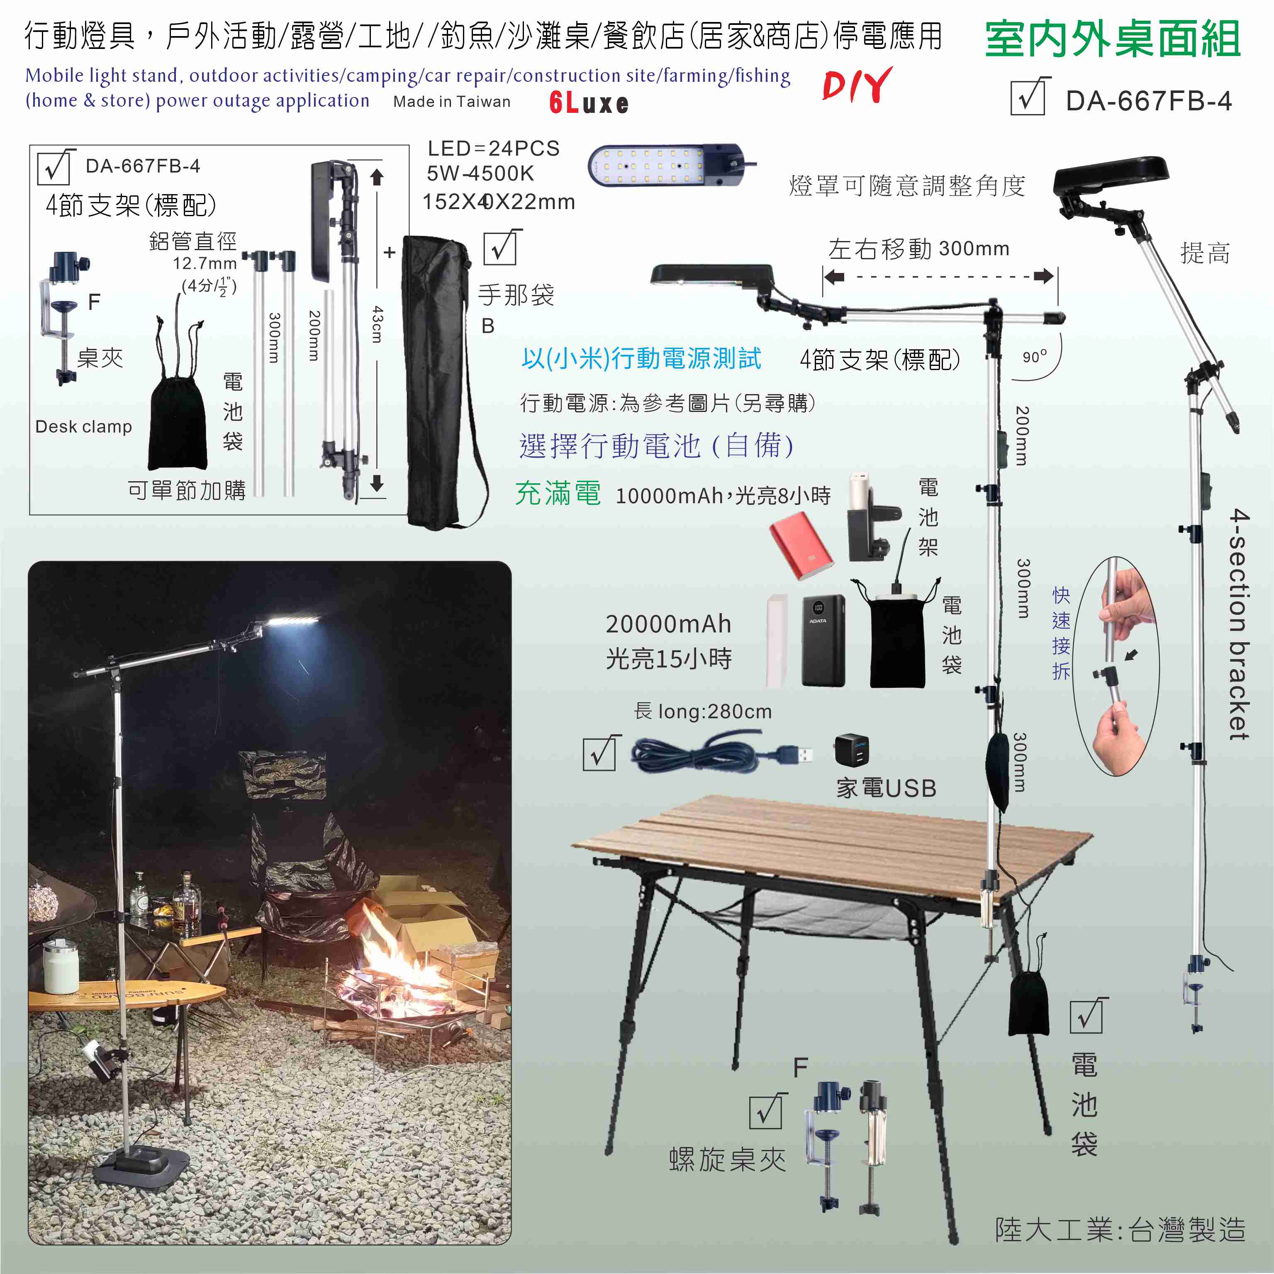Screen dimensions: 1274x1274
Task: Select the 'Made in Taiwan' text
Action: pos(452,102)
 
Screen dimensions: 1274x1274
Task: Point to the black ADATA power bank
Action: pos(823,640)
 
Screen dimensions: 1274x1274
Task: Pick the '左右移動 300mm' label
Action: pos(918,248)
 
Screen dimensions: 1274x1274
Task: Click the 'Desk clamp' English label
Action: pos(84,426)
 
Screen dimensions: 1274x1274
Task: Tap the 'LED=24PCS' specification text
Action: pos(493,149)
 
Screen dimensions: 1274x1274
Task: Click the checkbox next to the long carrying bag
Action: pos(502,247)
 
